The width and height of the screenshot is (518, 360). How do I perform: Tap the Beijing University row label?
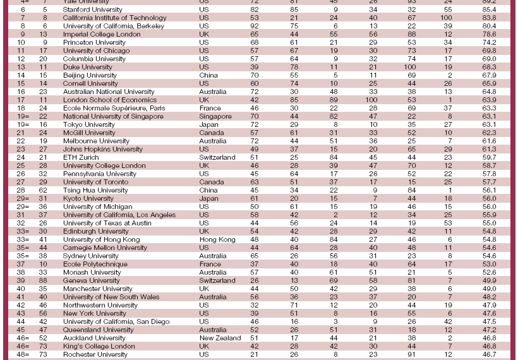click(90, 76)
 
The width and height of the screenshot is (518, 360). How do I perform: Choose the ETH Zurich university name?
click(81, 158)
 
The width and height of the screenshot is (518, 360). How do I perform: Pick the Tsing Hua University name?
click(95, 190)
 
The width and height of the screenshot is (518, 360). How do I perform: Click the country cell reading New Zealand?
click(220, 339)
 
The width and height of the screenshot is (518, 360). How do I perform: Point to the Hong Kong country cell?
click(217, 240)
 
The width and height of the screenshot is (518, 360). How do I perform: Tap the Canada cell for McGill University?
click(211, 133)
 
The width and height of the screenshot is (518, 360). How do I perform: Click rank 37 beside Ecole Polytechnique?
click(21, 265)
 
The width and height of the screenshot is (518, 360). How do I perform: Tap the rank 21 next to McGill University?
click(21, 133)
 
